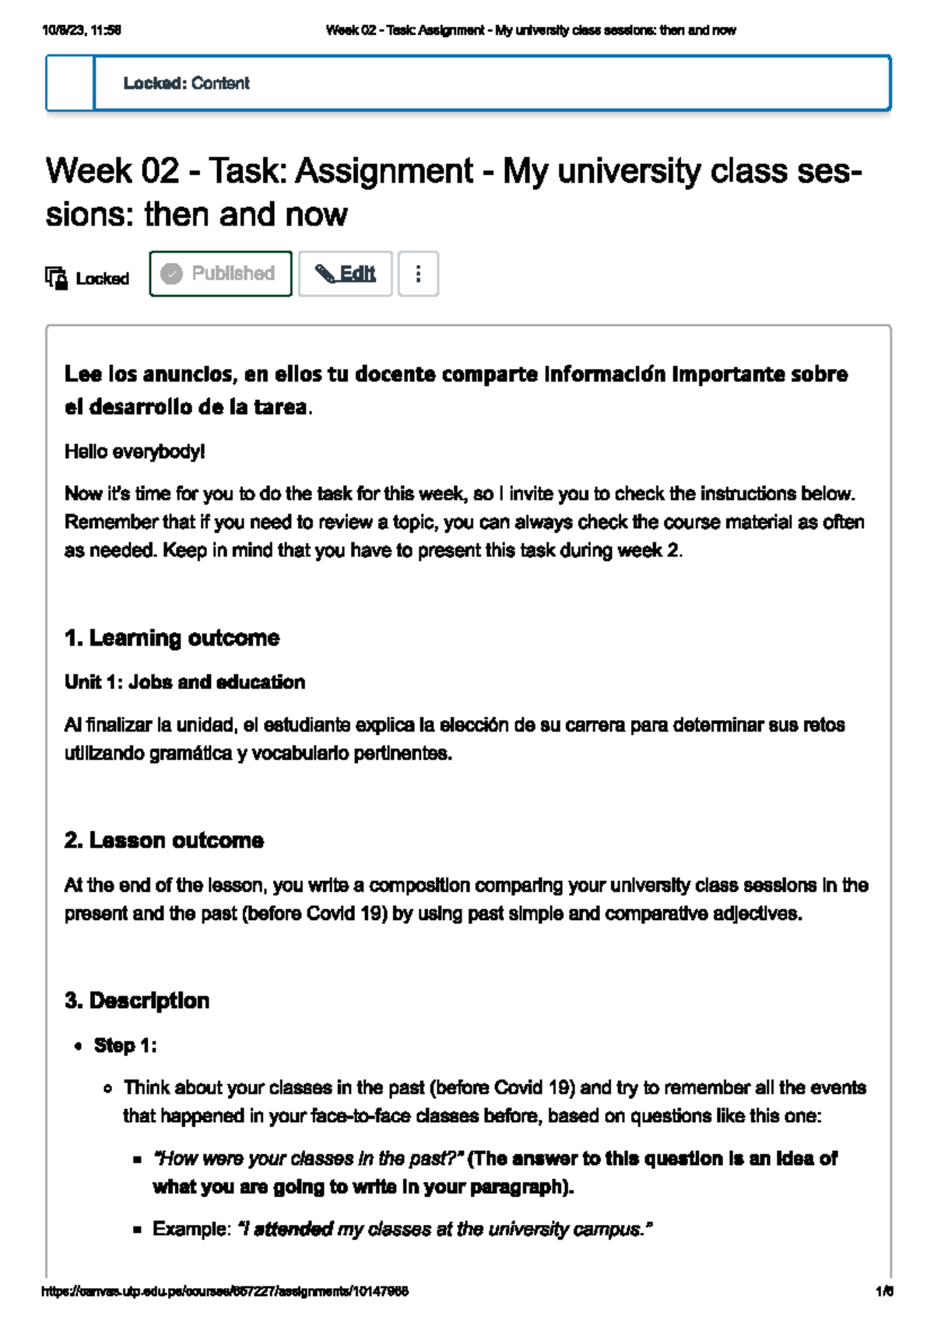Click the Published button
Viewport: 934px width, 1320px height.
tap(220, 274)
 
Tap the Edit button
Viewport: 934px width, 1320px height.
tap(345, 274)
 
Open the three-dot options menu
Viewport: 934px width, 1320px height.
tap(418, 274)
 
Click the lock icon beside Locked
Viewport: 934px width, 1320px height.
tap(56, 278)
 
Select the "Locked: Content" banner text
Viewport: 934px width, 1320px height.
tap(186, 83)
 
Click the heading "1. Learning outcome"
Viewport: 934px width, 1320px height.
tap(172, 638)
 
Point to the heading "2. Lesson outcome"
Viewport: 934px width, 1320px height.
tap(164, 841)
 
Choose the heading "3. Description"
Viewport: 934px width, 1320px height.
tap(137, 1001)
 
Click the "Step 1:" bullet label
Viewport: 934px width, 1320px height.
tap(125, 1045)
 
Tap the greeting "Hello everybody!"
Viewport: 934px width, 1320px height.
tap(135, 451)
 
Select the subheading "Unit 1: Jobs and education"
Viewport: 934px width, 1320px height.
tap(184, 683)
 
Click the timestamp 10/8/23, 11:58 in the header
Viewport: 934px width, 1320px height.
tap(82, 30)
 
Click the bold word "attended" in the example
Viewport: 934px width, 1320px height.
tap(293, 1229)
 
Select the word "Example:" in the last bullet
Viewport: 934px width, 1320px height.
tap(191, 1229)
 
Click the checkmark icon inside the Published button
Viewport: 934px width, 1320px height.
tap(171, 274)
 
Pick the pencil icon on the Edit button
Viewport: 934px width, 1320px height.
tap(325, 274)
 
